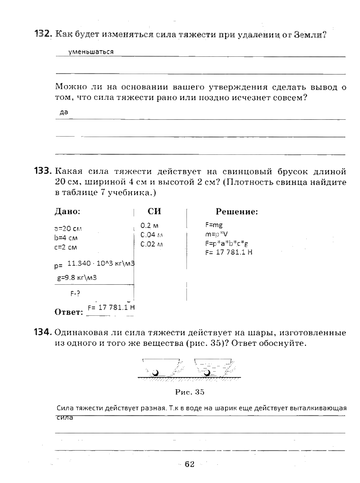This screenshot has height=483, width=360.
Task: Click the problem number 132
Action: (x=44, y=34)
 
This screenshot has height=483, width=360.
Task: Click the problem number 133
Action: (x=44, y=171)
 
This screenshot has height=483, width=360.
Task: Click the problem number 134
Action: (x=44, y=333)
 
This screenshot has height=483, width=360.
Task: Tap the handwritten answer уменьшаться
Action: (x=91, y=52)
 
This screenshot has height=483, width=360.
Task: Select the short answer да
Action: (x=63, y=113)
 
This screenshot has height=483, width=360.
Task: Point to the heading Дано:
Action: (x=67, y=212)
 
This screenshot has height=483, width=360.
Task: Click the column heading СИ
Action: (x=154, y=212)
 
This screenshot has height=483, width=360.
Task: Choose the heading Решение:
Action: (x=237, y=212)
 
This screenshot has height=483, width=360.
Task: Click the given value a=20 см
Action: (x=68, y=229)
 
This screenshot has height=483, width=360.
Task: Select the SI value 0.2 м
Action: (x=150, y=225)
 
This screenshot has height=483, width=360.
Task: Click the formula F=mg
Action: (x=214, y=225)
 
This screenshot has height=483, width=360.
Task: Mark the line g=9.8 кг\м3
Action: (x=77, y=278)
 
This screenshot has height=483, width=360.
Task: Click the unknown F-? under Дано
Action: (x=75, y=293)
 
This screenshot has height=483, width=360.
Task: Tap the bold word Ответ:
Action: (x=69, y=312)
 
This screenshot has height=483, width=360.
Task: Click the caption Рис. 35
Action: (x=190, y=392)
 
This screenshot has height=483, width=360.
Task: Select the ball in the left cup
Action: (x=155, y=373)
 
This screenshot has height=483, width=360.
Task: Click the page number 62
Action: (x=190, y=464)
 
